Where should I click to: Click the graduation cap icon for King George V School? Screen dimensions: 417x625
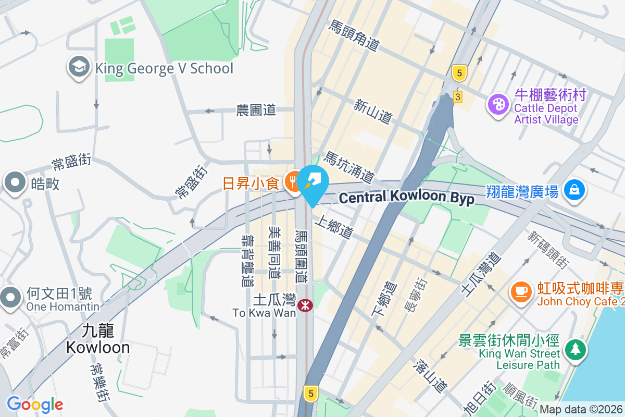point(79,68)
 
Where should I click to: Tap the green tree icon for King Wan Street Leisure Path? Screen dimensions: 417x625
point(574,349)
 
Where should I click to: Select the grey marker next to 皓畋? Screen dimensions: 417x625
point(15,183)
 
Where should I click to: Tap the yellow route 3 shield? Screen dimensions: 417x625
point(458,97)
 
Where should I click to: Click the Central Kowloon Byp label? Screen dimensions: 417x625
point(406,198)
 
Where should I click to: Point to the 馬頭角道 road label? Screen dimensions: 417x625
point(353,35)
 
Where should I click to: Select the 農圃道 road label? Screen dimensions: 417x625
point(255,110)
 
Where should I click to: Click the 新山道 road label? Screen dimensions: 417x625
point(372,112)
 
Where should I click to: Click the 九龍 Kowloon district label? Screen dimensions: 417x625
point(98,338)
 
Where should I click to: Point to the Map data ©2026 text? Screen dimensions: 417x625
point(581,410)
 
